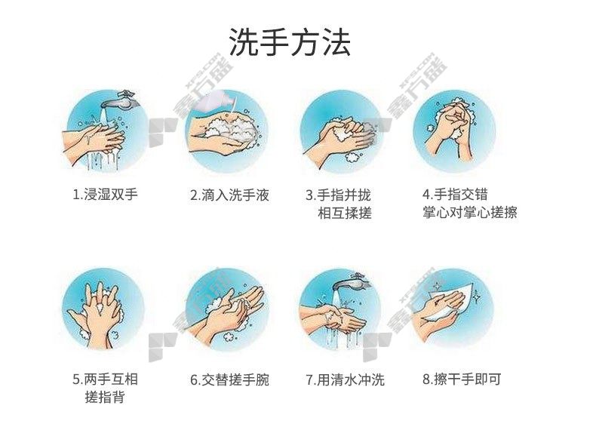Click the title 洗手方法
point(290,41)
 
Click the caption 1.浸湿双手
point(105,195)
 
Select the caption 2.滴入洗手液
point(229,195)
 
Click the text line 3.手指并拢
point(338,195)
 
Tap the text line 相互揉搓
point(344,213)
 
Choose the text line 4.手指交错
point(455,195)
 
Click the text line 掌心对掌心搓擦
point(470,212)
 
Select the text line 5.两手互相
point(105,379)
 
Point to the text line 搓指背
point(105,397)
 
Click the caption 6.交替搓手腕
point(229,379)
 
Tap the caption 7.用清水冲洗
point(345,379)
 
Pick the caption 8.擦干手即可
point(462,379)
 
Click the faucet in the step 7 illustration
point(352,282)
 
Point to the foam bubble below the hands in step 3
point(353,157)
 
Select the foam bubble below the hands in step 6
point(229,336)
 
